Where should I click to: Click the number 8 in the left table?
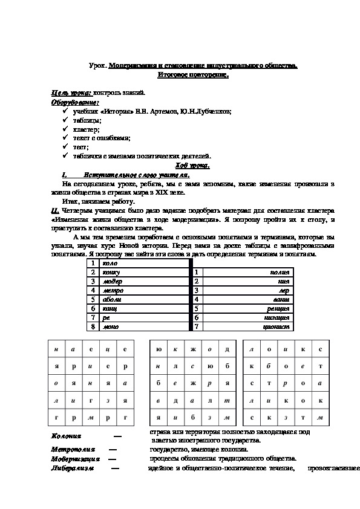(x=93, y=326)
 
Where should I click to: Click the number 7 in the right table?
(x=197, y=326)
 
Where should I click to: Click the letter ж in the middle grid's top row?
(x=192, y=349)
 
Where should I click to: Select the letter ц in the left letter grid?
(x=107, y=349)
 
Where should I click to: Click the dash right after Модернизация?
(x=111, y=459)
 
